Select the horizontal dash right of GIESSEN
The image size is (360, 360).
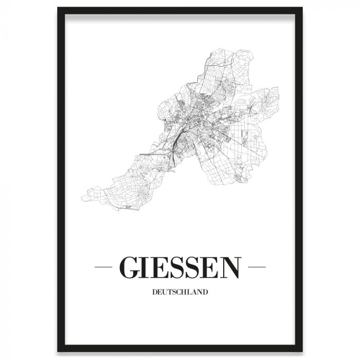[257, 267]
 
